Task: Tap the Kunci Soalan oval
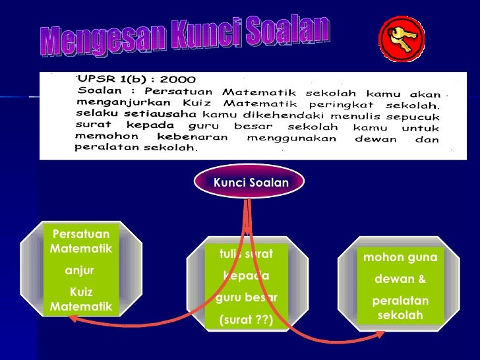point(250,182)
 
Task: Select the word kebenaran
point(195,136)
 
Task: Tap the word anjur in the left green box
point(80,270)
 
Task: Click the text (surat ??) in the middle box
point(245,321)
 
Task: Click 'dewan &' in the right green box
point(400,280)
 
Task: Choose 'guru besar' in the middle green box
point(246,297)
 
